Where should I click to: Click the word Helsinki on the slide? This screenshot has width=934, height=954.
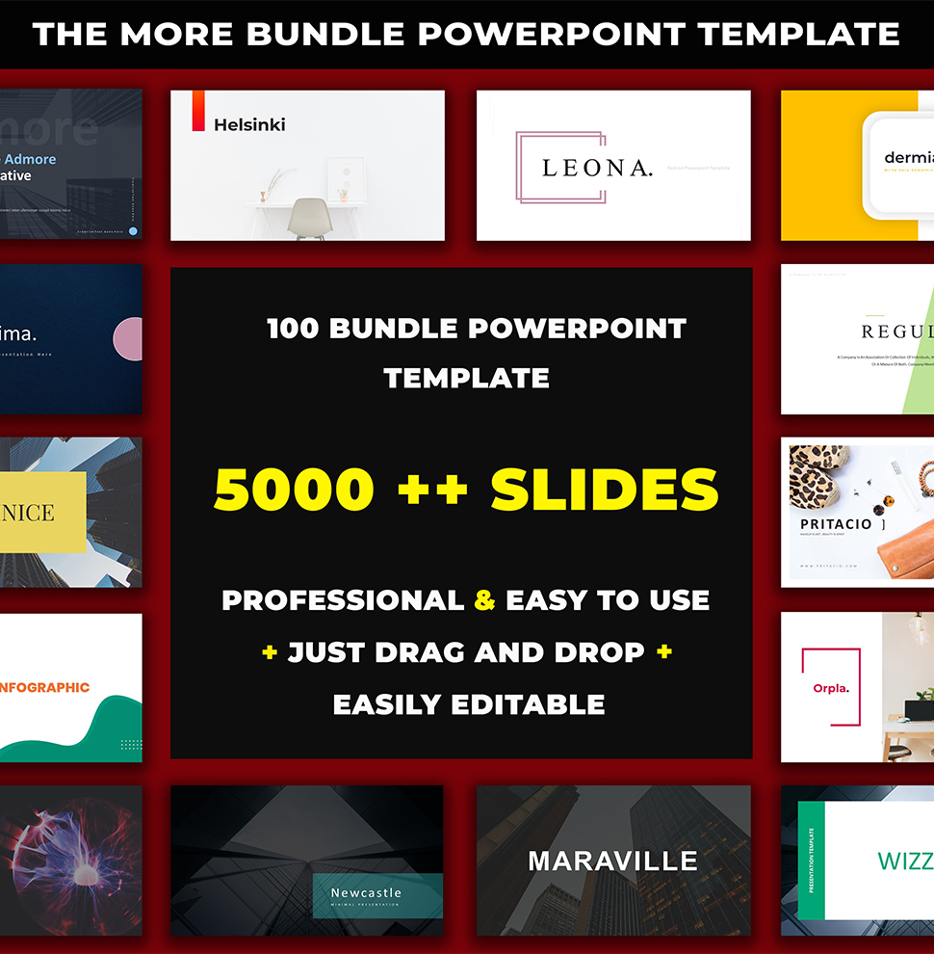249,124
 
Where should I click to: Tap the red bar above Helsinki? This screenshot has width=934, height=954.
198,110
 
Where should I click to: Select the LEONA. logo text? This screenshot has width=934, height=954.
597,168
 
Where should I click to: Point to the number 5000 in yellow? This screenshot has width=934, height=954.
294,489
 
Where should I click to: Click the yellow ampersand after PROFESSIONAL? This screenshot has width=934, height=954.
485,600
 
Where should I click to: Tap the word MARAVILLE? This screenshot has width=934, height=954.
612,861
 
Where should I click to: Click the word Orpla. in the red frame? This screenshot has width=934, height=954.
830,688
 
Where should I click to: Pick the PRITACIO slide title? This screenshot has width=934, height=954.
836,524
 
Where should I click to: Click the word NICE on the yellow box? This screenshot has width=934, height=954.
29,512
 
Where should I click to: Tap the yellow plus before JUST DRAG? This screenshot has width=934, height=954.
270,652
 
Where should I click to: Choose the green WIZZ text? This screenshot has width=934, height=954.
903,861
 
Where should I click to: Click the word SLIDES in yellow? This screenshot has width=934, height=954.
605,489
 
